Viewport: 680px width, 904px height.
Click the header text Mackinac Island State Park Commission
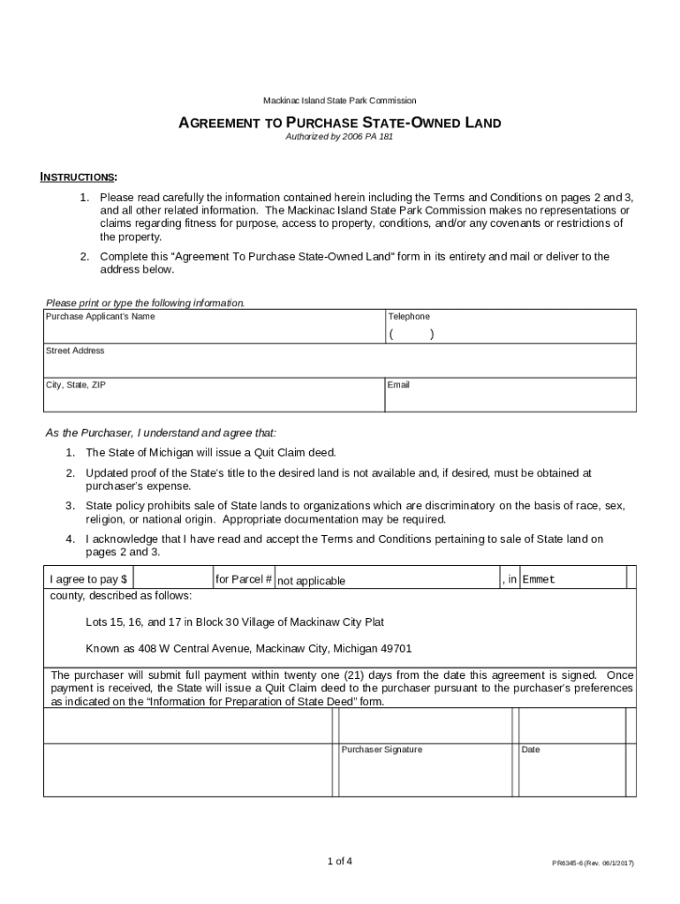(x=339, y=101)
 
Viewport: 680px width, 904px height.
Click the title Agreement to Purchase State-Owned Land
(x=339, y=124)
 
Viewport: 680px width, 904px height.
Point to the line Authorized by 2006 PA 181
(x=339, y=139)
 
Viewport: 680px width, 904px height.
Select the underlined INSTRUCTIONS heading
(x=79, y=177)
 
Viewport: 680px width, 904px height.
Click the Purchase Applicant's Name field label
(x=100, y=317)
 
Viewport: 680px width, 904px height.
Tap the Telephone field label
(x=409, y=317)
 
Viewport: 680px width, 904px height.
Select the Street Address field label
(x=75, y=351)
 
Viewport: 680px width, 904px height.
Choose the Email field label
(x=399, y=386)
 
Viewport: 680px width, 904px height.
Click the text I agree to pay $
(x=88, y=580)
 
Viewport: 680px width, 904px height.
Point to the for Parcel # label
(x=244, y=580)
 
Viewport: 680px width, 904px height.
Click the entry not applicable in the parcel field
(x=311, y=581)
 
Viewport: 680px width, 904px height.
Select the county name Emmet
(x=539, y=580)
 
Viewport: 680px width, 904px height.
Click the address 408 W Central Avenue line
(x=248, y=649)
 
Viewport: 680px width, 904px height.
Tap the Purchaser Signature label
(x=382, y=750)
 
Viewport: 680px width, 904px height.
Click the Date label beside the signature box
(x=531, y=750)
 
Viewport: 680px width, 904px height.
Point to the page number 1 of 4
(x=339, y=861)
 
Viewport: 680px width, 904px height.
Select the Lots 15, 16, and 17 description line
(x=234, y=622)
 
